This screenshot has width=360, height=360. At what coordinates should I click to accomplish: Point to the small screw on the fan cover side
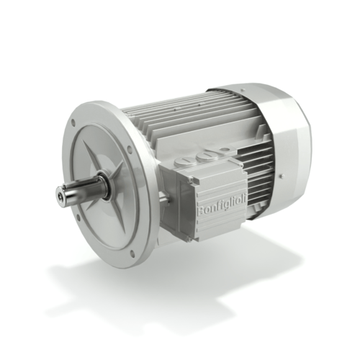pyautogui.click(x=280, y=177)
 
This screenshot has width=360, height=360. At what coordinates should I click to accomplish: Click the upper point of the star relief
pyautogui.click(x=98, y=140)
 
